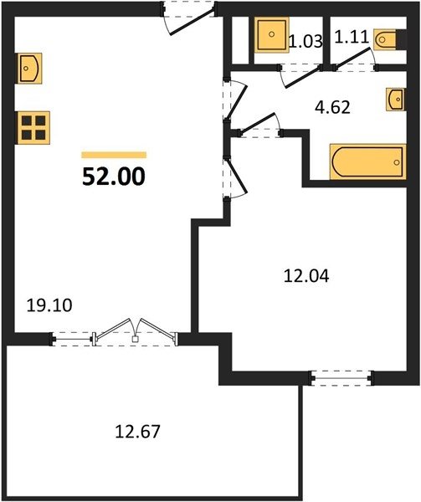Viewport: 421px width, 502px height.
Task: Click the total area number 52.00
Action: pyautogui.click(x=114, y=177)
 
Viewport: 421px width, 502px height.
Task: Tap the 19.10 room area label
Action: pyautogui.click(x=49, y=305)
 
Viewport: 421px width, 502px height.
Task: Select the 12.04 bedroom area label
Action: pyautogui.click(x=306, y=276)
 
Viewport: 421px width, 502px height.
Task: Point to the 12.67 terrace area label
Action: pyautogui.click(x=137, y=431)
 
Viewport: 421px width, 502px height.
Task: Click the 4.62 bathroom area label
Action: pyautogui.click(x=332, y=107)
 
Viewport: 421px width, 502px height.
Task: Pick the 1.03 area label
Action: pyautogui.click(x=305, y=42)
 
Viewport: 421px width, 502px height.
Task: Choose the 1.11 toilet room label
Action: pyautogui.click(x=352, y=38)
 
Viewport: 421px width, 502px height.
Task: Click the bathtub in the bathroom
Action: pyautogui.click(x=368, y=161)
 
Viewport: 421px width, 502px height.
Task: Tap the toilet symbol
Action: pyautogui.click(x=385, y=39)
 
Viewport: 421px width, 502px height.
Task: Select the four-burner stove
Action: pyautogui.click(x=33, y=128)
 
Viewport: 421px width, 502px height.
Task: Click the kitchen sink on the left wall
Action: pyautogui.click(x=29, y=69)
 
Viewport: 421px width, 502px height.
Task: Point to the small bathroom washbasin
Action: pyautogui.click(x=395, y=100)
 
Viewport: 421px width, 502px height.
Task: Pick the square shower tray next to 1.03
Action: pyautogui.click(x=271, y=34)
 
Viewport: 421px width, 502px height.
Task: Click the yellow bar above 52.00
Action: pyautogui.click(x=114, y=155)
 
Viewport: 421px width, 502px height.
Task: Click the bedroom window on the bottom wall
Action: pyautogui.click(x=341, y=378)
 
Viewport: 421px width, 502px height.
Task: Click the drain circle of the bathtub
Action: pyautogui.click(x=397, y=162)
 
